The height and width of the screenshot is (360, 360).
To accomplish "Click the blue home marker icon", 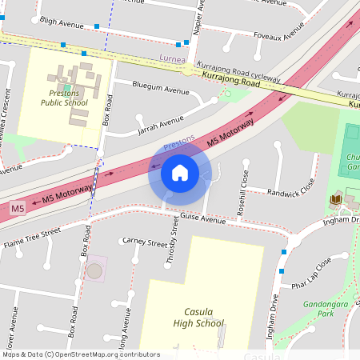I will coord(180,173).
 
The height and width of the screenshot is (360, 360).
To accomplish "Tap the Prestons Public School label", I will coord(65,98).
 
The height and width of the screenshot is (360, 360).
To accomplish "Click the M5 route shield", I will coord(18,208).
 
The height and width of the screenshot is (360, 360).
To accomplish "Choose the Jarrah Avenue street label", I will coord(160,122).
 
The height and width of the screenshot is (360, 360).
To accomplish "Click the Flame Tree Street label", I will coord(32,238).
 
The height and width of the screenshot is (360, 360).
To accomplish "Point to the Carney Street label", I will coord(144,240).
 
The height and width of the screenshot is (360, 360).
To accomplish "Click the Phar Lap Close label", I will coord(312,277).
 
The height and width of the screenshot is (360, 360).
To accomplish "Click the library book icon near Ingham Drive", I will coord(335,198).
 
